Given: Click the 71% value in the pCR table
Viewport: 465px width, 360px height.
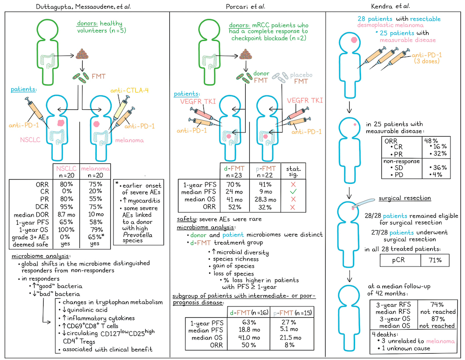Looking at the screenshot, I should (x=430, y=260).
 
